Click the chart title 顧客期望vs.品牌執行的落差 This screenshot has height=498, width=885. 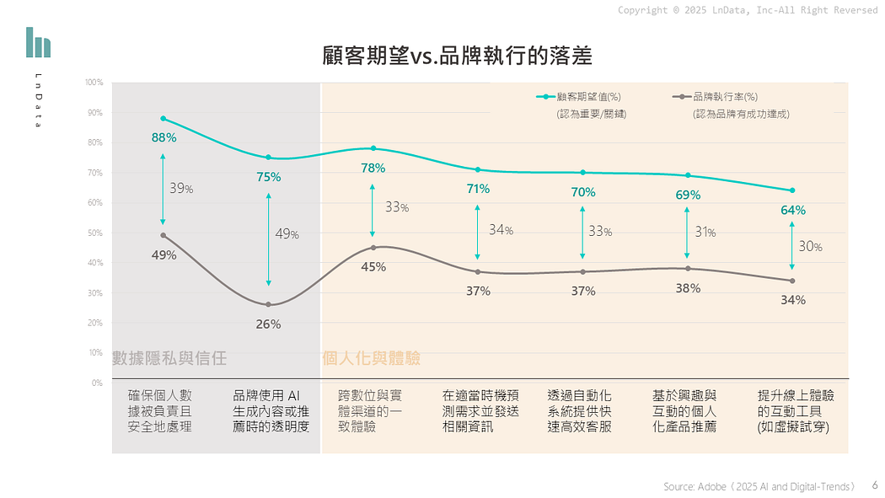click(458, 56)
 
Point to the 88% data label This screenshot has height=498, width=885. click(164, 137)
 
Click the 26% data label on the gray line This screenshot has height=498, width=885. click(268, 324)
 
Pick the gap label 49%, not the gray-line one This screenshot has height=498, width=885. click(287, 233)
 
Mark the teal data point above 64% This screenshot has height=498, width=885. click(792, 190)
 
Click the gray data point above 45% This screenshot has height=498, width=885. click(373, 248)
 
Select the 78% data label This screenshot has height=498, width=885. click(373, 168)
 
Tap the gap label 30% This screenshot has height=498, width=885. click(810, 247)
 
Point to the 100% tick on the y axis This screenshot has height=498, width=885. click(94, 83)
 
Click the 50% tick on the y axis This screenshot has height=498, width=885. click(96, 233)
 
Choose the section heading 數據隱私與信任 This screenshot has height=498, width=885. click(170, 358)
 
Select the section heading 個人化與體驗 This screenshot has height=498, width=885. click(372, 358)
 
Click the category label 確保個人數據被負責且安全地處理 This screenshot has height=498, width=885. click(160, 411)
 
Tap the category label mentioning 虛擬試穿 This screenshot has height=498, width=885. click(792, 411)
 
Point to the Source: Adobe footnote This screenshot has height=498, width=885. click(759, 486)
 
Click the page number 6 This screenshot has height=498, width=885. click(874, 485)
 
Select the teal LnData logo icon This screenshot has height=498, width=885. click(38, 42)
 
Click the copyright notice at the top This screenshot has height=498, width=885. click(747, 10)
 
